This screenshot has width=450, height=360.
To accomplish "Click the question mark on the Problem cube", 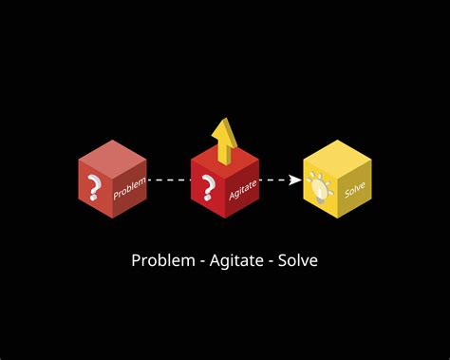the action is click(93, 189).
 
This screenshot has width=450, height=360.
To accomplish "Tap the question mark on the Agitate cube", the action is click(206, 190).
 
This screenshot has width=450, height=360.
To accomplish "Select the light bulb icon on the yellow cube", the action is click(318, 188).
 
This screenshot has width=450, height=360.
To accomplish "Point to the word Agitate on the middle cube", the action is click(243, 190).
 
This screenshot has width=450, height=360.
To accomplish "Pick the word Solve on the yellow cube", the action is click(355, 188).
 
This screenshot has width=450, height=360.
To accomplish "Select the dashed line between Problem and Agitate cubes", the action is click(169, 180).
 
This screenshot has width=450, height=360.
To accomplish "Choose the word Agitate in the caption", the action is click(233, 260).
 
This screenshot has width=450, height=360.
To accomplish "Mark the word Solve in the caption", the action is click(298, 260).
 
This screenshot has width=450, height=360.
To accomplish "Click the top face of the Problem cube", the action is click(112, 156).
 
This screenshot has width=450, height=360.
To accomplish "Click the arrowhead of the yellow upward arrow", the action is click(224, 127).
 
